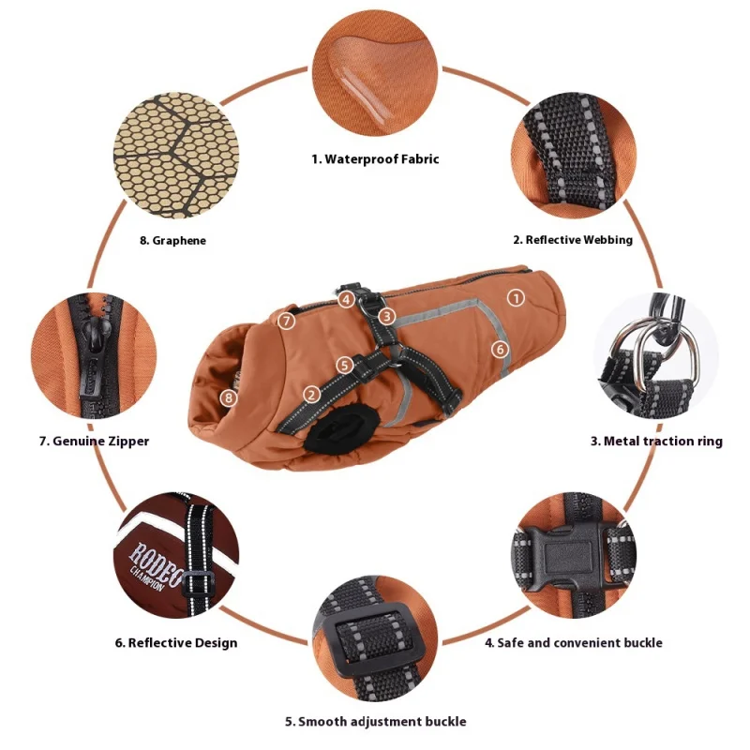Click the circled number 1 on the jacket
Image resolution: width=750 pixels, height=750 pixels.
516,298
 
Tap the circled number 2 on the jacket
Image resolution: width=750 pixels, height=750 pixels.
311,395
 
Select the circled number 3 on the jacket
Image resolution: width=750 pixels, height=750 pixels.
387,316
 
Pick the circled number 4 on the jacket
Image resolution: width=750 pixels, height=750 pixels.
346,300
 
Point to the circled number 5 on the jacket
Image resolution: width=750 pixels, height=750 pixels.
344,366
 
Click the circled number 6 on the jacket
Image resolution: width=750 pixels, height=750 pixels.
500,349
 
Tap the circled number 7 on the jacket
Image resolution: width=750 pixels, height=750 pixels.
286,320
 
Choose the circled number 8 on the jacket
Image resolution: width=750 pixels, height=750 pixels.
229,397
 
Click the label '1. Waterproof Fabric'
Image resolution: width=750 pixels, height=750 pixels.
375,158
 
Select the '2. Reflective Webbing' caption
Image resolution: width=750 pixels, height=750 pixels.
573,240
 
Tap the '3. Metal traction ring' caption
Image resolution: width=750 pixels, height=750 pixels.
656,441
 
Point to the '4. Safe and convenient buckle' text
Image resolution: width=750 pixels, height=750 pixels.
574,642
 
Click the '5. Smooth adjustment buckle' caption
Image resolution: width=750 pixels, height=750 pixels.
376,721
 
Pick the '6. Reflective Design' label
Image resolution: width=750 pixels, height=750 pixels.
176,642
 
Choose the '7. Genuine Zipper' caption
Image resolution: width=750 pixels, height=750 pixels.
94,441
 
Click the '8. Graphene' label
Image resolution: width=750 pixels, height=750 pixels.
172,240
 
